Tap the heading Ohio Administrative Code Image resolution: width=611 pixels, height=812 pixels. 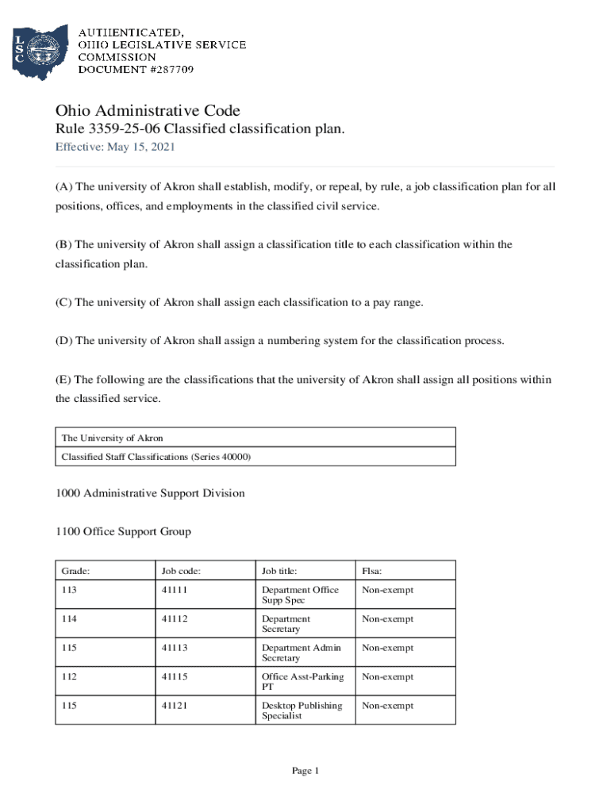point(147,111)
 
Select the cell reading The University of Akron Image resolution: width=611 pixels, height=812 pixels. point(112,438)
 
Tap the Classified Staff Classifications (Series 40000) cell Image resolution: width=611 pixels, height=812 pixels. point(156,457)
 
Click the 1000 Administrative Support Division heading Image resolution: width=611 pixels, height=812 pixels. point(150,493)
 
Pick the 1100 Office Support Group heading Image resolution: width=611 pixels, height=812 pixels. point(123,531)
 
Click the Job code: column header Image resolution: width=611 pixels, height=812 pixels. point(181,570)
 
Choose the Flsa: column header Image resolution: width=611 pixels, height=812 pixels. point(372,570)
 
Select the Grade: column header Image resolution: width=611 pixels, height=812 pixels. point(75,570)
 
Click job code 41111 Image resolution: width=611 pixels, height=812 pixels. point(175,590)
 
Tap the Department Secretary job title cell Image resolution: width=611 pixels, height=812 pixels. point(286,624)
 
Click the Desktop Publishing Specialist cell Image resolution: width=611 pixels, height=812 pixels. point(302,710)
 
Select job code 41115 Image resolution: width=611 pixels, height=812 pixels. point(175,676)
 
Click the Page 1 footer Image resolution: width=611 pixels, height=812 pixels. point(305,771)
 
